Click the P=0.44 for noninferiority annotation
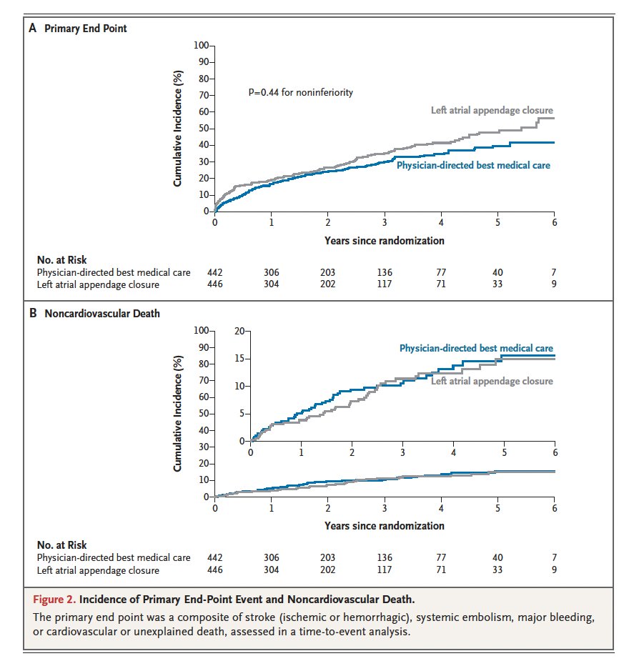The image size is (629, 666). [x=300, y=93]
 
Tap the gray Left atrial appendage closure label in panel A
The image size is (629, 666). [x=492, y=110]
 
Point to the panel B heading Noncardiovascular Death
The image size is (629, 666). [x=100, y=313]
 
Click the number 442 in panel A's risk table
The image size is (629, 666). [x=214, y=272]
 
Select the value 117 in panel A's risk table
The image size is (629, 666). [x=385, y=284]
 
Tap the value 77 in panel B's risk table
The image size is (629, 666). [x=441, y=557]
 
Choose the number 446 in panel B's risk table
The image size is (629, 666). [x=214, y=570]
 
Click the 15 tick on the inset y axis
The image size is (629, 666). [x=238, y=359]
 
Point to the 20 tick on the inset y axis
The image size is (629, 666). [x=238, y=331]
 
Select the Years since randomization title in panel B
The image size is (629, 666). [x=384, y=525]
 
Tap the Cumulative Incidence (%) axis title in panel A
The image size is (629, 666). [x=178, y=129]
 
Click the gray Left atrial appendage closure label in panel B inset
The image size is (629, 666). [x=492, y=381]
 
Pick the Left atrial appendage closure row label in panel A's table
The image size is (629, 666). [x=98, y=284]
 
